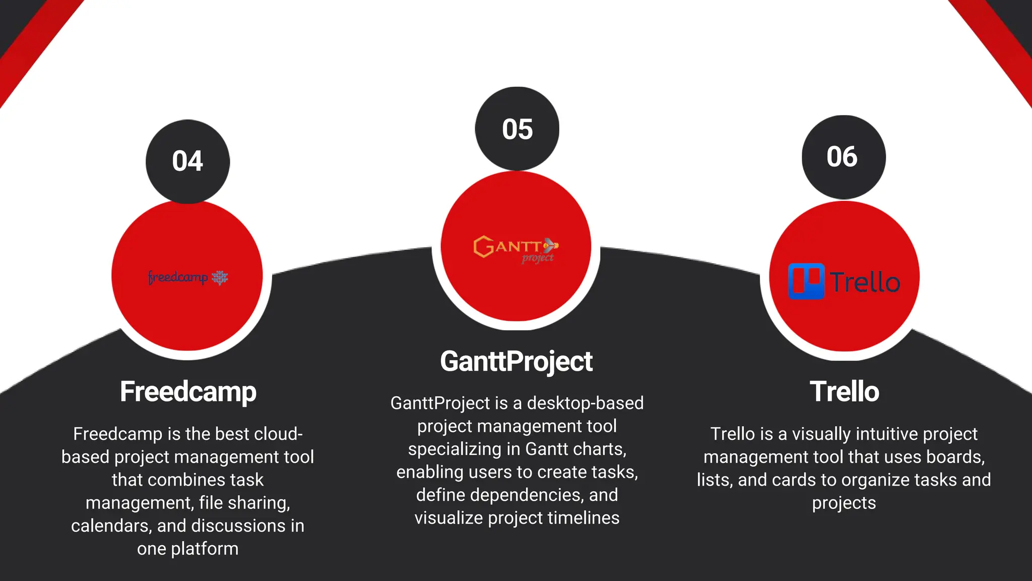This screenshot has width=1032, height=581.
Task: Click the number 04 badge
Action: pyautogui.click(x=187, y=161)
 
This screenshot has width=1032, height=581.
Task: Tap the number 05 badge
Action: pyautogui.click(x=517, y=129)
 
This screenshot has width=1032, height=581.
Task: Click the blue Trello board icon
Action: pyautogui.click(x=806, y=281)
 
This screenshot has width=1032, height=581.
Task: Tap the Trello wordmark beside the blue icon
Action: pyautogui.click(x=865, y=282)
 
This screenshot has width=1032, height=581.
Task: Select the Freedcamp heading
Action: pyautogui.click(x=188, y=392)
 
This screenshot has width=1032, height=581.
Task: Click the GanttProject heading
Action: pyautogui.click(x=516, y=362)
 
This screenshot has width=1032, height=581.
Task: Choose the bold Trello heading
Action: pyautogui.click(x=844, y=392)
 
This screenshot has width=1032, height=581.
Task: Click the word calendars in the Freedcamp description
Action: pyautogui.click(x=111, y=526)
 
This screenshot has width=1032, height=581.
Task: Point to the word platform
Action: pyautogui.click(x=205, y=549)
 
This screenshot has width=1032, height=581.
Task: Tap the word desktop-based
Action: pyautogui.click(x=585, y=403)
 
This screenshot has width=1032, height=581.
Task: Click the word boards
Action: pyautogui.click(x=955, y=457)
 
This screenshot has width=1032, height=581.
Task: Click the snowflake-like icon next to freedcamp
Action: pyautogui.click(x=220, y=277)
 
